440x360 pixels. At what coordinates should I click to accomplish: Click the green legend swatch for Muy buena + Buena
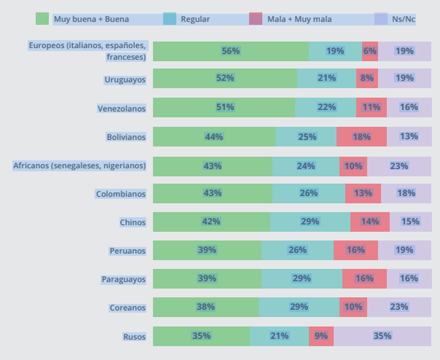pyautogui.click(x=42, y=19)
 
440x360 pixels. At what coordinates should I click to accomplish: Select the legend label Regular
pyautogui.click(x=195, y=19)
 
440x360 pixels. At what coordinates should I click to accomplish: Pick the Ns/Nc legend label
pyautogui.click(x=404, y=19)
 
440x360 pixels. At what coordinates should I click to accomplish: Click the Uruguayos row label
pyautogui.click(x=125, y=79)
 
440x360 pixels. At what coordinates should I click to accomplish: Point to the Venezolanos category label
pyautogui.click(x=122, y=109)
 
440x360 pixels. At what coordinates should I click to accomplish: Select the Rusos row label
pyautogui.click(x=133, y=336)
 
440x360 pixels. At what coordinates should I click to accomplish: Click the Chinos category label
pyautogui.click(x=133, y=222)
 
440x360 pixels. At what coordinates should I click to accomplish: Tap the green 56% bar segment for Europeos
pyautogui.click(x=230, y=51)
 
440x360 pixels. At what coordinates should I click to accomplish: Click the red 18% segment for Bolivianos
pyautogui.click(x=361, y=137)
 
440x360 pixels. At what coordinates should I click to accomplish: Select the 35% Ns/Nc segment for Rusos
pyautogui.click(x=382, y=336)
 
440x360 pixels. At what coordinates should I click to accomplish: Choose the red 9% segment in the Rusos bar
pyautogui.click(x=321, y=336)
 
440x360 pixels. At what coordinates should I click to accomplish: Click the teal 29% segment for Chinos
pyautogui.click(x=310, y=221)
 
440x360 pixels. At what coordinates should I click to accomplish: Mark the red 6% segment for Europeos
pyautogui.click(x=369, y=51)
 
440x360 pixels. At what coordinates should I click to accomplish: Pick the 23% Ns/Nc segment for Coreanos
pyautogui.click(x=398, y=307)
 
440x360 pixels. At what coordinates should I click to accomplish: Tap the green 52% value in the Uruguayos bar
pyautogui.click(x=225, y=78)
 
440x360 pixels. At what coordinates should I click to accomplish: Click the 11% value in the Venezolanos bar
pyautogui.click(x=371, y=107)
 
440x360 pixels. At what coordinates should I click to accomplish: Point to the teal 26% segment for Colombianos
pyautogui.click(x=309, y=193)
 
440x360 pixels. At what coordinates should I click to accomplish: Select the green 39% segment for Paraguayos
pyautogui.click(x=207, y=279)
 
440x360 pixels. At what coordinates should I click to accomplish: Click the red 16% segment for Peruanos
pyautogui.click(x=356, y=250)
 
